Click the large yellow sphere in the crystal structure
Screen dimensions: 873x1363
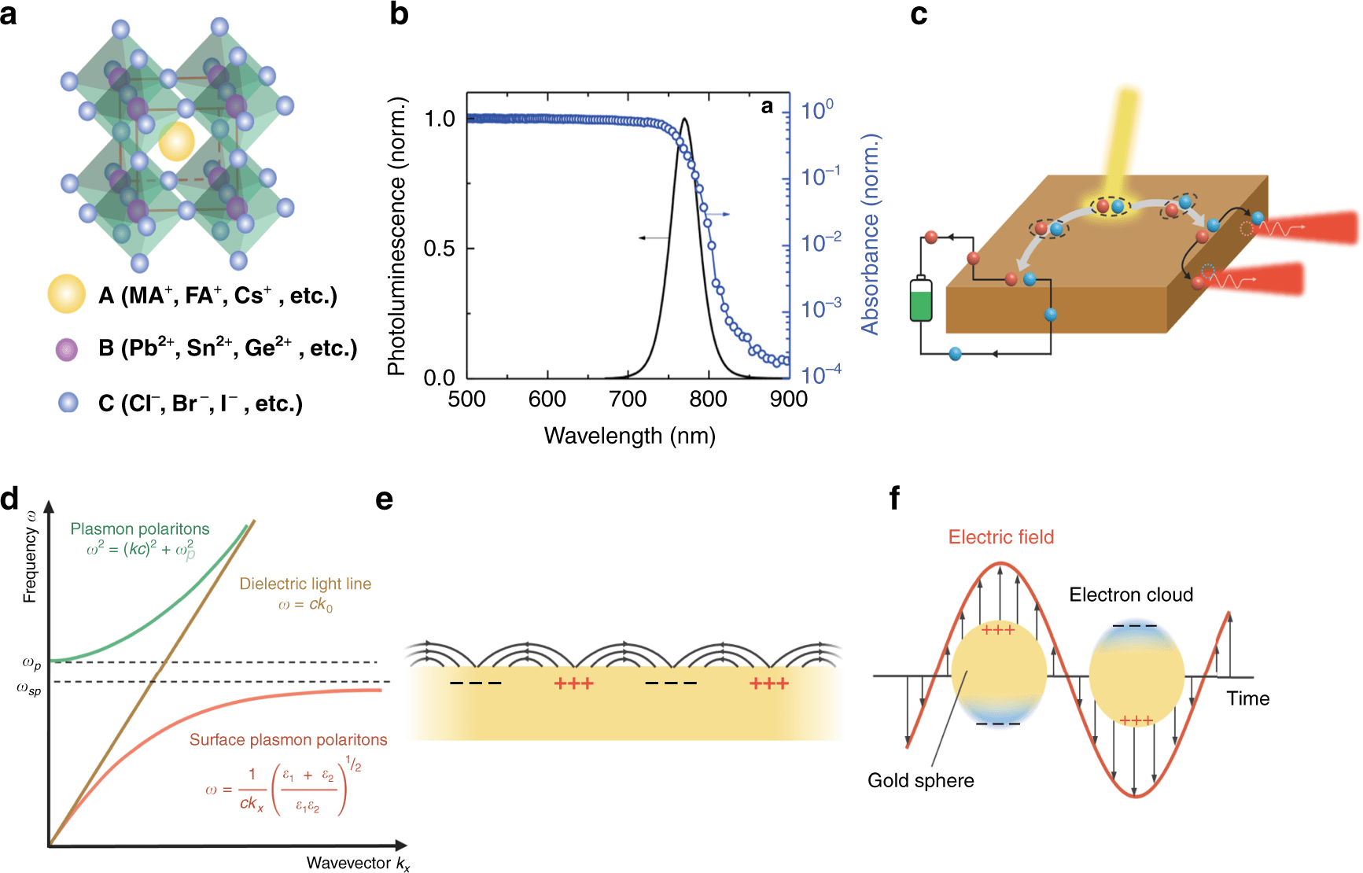coord(176,142)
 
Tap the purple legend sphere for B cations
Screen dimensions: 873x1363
coord(67,348)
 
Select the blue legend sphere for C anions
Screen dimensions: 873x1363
coord(68,403)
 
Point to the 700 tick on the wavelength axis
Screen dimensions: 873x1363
coord(628,400)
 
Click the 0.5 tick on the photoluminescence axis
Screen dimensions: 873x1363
coord(439,249)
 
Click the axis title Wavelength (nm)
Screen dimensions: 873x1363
coord(629,436)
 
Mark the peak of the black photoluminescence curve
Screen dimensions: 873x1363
coord(685,120)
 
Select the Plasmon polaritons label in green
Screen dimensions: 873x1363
coord(140,529)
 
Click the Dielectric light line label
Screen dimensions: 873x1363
coord(305,584)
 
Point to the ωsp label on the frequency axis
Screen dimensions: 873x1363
coord(29,690)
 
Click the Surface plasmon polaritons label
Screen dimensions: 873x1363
coord(288,740)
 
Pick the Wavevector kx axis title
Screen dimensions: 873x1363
coord(358,863)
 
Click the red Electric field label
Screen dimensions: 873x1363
coord(1000,537)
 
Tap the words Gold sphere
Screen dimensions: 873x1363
coord(920,780)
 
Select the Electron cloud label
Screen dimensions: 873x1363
coord(1131,595)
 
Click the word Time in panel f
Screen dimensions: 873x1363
coord(1247,698)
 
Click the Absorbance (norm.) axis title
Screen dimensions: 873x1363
coord(870,234)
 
